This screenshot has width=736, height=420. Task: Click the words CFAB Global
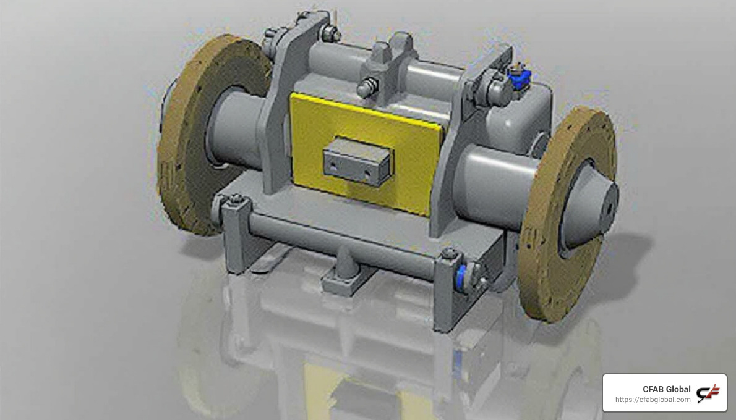point(666,389)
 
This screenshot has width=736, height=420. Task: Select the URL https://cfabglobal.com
point(653,400)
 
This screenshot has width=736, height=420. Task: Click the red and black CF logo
point(708,393)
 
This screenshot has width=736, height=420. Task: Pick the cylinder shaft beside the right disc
point(489,185)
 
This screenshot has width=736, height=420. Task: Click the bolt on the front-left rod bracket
point(236,199)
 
